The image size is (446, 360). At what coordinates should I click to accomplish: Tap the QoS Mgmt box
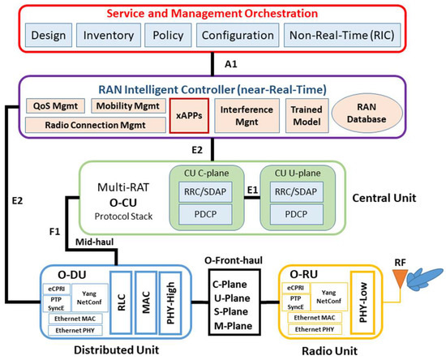click(53, 105)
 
